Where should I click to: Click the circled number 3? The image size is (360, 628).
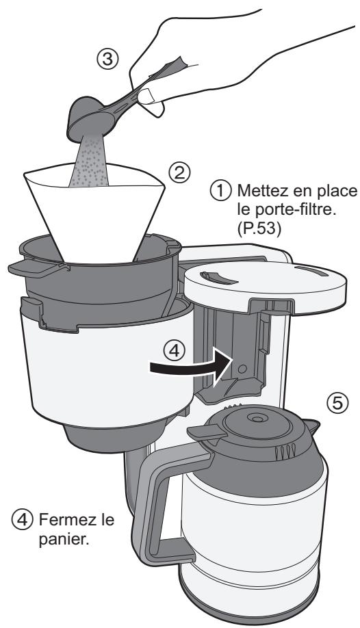click(107, 59)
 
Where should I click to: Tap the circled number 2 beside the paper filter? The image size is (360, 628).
click(179, 172)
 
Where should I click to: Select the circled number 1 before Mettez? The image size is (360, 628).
click(221, 191)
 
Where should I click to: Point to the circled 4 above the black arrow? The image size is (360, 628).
click(175, 351)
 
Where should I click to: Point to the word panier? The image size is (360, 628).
click(64, 540)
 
